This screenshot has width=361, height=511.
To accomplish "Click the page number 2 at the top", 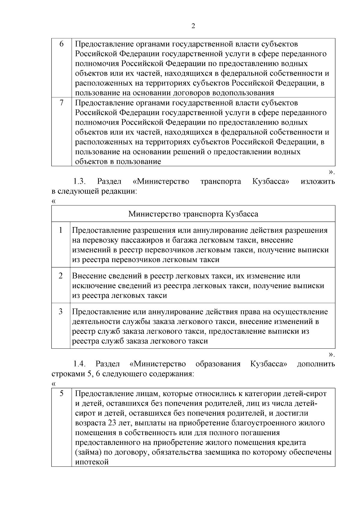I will tap(193, 26).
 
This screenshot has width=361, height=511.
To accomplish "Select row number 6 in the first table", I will tap(61, 44).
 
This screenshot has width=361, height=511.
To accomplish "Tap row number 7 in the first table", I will tap(61, 103).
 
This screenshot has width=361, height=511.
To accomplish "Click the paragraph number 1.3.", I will tap(80, 182).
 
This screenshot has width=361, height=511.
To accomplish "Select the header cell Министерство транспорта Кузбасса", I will tap(193, 214).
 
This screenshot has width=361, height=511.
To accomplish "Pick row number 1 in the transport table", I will tap(61, 230).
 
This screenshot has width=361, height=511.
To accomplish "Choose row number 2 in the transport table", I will tap(61, 276).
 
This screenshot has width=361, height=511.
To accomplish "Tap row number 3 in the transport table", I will tap(61, 312).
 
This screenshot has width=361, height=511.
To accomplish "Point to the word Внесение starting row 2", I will tap(89, 276).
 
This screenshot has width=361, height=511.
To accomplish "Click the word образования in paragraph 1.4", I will tap(218, 364).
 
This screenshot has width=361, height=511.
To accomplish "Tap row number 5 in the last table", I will tap(61, 394).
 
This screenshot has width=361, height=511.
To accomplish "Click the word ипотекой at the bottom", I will tap(91, 462).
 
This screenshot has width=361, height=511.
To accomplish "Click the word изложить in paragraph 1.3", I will tap(318, 182).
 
